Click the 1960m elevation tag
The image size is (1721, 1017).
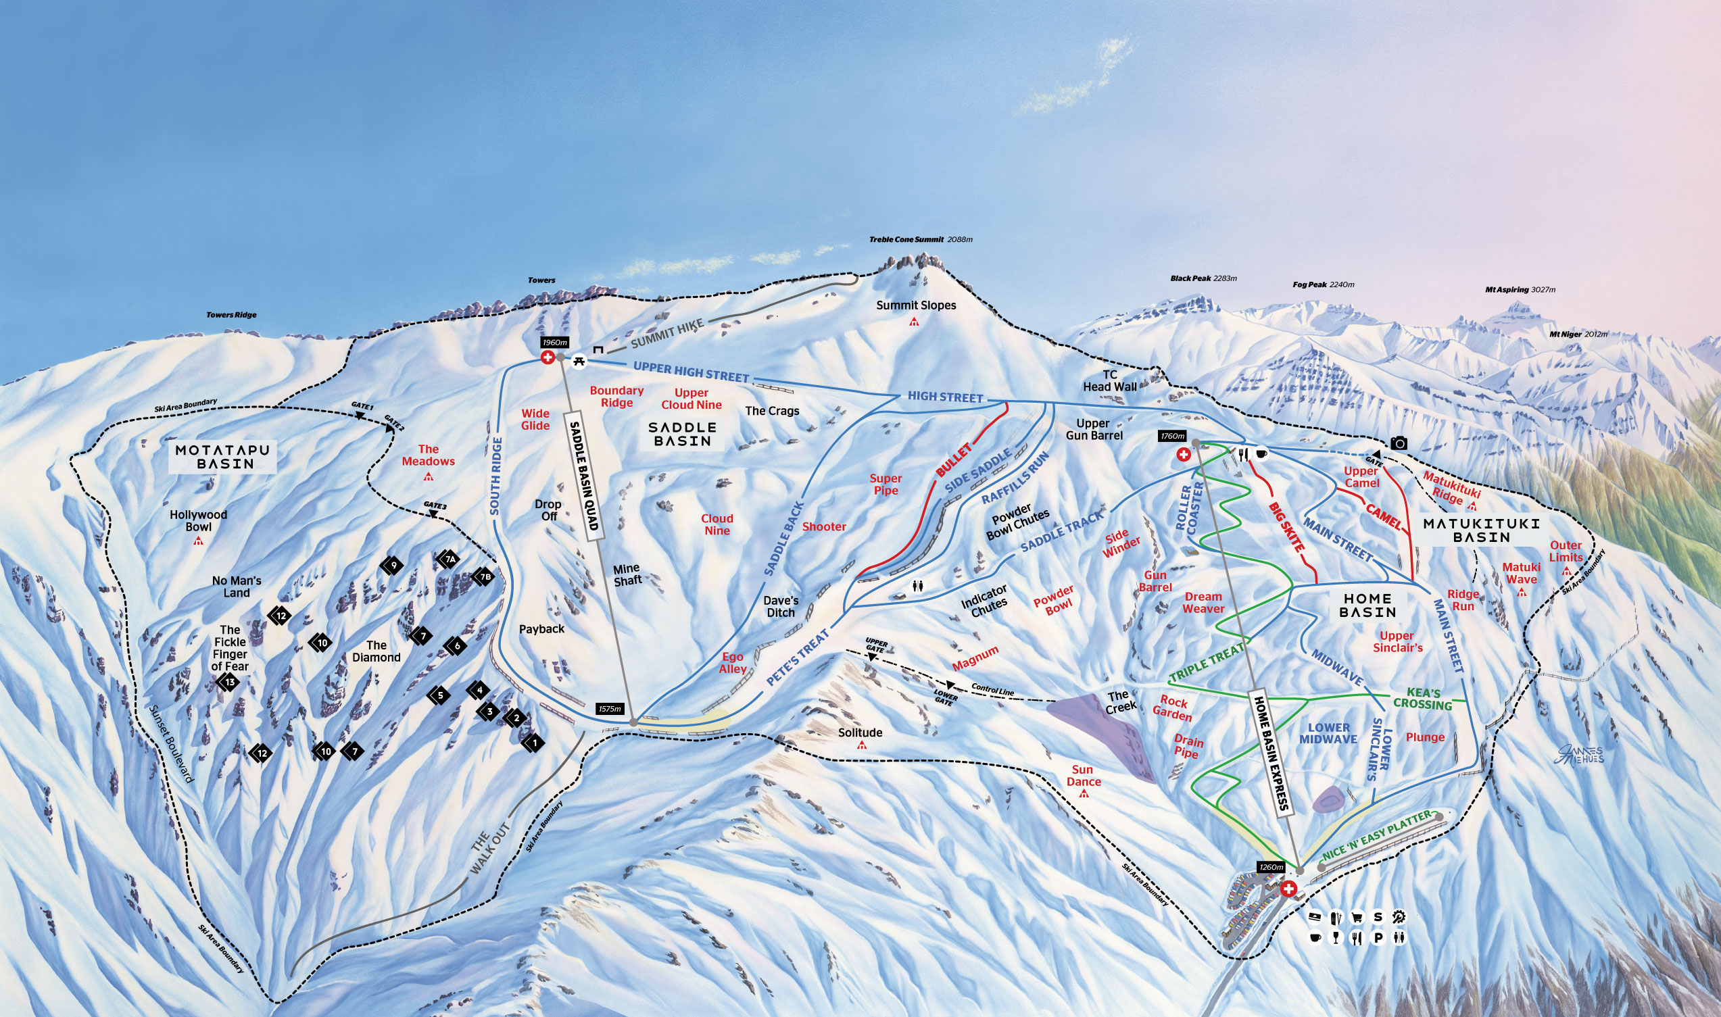pos(554,343)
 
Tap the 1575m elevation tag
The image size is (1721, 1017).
pos(609,709)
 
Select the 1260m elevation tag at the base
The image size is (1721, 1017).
pos(1271,867)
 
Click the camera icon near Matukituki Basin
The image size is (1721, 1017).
pos(1399,443)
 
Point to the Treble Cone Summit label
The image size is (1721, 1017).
pos(906,240)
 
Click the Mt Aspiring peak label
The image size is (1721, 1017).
pos(1507,290)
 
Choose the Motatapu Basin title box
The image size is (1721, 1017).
pos(224,456)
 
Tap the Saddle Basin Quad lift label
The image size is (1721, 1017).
pos(585,476)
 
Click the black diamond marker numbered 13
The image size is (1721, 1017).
pos(230,682)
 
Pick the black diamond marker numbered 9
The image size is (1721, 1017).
pos(393,566)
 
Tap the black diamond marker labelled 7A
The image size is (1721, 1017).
pos(450,560)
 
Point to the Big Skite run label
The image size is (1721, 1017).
pos(1286,527)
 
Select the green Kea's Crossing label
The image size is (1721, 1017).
pos(1423,698)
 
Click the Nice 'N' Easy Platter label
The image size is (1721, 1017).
pos(1376,835)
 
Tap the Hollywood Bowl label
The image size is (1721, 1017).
pos(198,521)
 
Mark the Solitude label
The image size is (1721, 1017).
pos(860,733)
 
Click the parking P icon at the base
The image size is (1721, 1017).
pos(1378,937)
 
